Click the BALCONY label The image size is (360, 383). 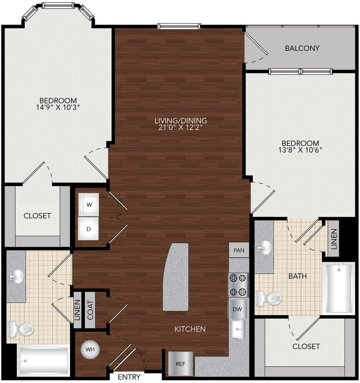click(x=302, y=48)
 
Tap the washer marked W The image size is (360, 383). click(x=89, y=205)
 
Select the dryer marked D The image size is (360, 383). click(x=89, y=229)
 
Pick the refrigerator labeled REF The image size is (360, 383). click(x=180, y=363)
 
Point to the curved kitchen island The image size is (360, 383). click(x=176, y=277)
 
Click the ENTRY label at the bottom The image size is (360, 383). click(x=129, y=377)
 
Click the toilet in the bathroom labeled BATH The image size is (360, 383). click(x=268, y=299)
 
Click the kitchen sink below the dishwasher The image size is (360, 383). click(x=238, y=329)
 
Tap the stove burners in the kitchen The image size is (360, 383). click(x=238, y=284)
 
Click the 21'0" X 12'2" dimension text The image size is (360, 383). click(x=181, y=128)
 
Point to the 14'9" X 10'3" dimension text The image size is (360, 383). click(x=58, y=108)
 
